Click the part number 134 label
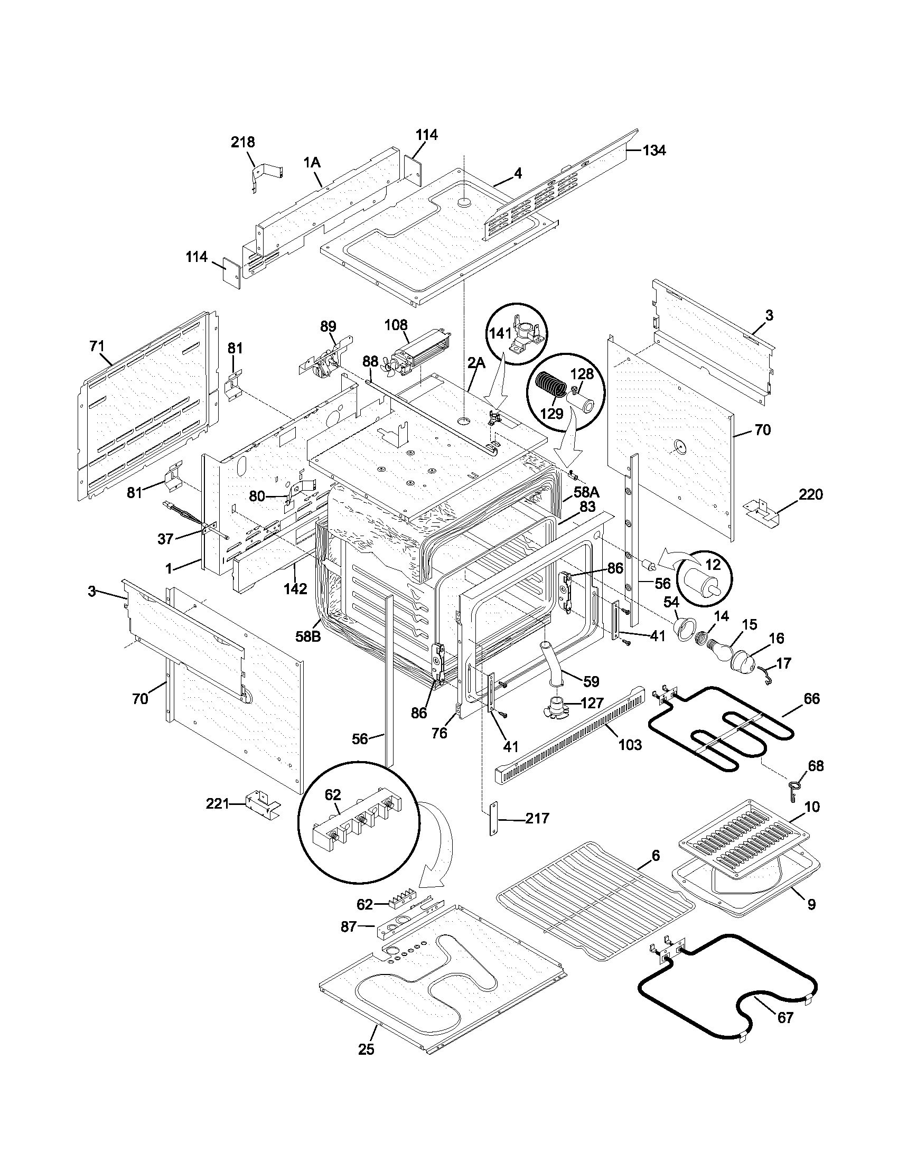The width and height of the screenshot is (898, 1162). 654,151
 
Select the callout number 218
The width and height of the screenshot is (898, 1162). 242,142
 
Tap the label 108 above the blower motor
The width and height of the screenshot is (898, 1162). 396,324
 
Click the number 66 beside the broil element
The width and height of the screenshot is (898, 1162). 811,699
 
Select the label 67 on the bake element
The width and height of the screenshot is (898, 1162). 785,1017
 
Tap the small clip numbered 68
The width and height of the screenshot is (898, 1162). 792,789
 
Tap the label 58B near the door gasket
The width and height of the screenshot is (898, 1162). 308,636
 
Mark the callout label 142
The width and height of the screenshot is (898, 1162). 295,588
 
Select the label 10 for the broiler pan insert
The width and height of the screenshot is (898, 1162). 812,807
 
